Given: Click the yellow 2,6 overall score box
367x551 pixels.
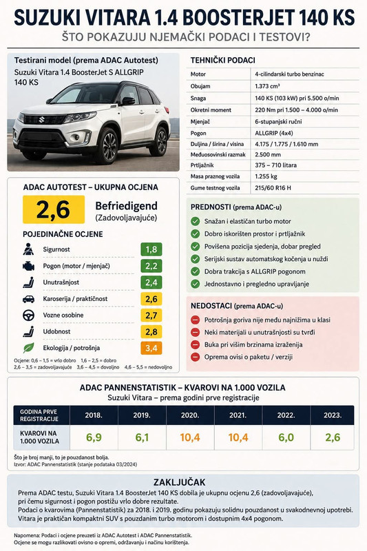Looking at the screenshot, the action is (54, 209).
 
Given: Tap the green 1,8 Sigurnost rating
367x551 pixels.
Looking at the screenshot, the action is (151, 249).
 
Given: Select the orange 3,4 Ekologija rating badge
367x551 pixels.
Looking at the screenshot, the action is (151, 348).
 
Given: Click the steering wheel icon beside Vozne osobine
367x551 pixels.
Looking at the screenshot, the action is (28, 315).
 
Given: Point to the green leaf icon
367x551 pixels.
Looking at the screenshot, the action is (28, 348).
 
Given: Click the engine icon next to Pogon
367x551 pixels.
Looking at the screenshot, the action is (28, 266).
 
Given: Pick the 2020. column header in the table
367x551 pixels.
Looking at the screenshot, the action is (190, 415).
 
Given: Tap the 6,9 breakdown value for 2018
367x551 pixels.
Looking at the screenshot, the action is (94, 437).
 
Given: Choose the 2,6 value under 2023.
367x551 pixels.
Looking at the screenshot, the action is (333, 437).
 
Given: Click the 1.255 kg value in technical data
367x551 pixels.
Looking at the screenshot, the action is (266, 176).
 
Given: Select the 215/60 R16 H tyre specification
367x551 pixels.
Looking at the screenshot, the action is (273, 188).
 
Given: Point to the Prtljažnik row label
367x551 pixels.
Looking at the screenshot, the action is (202, 165).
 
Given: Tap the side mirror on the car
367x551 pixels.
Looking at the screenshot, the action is (127, 101).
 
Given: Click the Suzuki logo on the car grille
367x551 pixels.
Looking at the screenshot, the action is (42, 119).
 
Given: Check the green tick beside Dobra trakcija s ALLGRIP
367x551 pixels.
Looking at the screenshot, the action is (196, 271).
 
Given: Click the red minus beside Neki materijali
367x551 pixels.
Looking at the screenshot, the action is (196, 333).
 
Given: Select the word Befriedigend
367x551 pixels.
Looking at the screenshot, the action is (127, 206).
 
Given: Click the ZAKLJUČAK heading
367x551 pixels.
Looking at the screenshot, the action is (180, 481).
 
